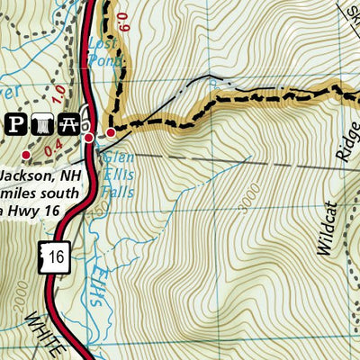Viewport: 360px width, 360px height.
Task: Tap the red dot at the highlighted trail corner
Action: pyautogui.click(x=111, y=133)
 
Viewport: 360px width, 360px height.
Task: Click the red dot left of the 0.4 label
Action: pyautogui.click(x=26, y=155)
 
